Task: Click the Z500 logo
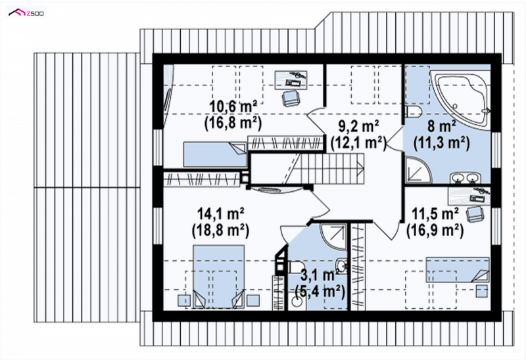click(x=26, y=12)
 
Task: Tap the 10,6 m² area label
click(x=233, y=107)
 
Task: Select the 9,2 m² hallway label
click(x=358, y=126)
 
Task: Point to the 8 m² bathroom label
click(x=441, y=127)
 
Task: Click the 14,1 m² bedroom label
click(x=220, y=214)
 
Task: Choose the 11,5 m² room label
click(x=435, y=214)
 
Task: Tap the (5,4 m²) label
click(x=320, y=292)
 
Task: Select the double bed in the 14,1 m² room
click(x=218, y=277)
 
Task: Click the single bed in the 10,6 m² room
click(x=215, y=154)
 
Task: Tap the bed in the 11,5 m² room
click(x=458, y=269)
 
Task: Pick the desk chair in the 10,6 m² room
click(x=291, y=98)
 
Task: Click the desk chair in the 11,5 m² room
click(x=475, y=214)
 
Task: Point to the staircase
click(x=307, y=168)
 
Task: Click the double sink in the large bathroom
click(x=465, y=177)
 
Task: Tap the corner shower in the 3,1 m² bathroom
click(x=333, y=236)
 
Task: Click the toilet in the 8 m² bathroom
click(x=414, y=112)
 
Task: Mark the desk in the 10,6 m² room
click(x=291, y=79)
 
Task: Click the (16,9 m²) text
click(x=435, y=231)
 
